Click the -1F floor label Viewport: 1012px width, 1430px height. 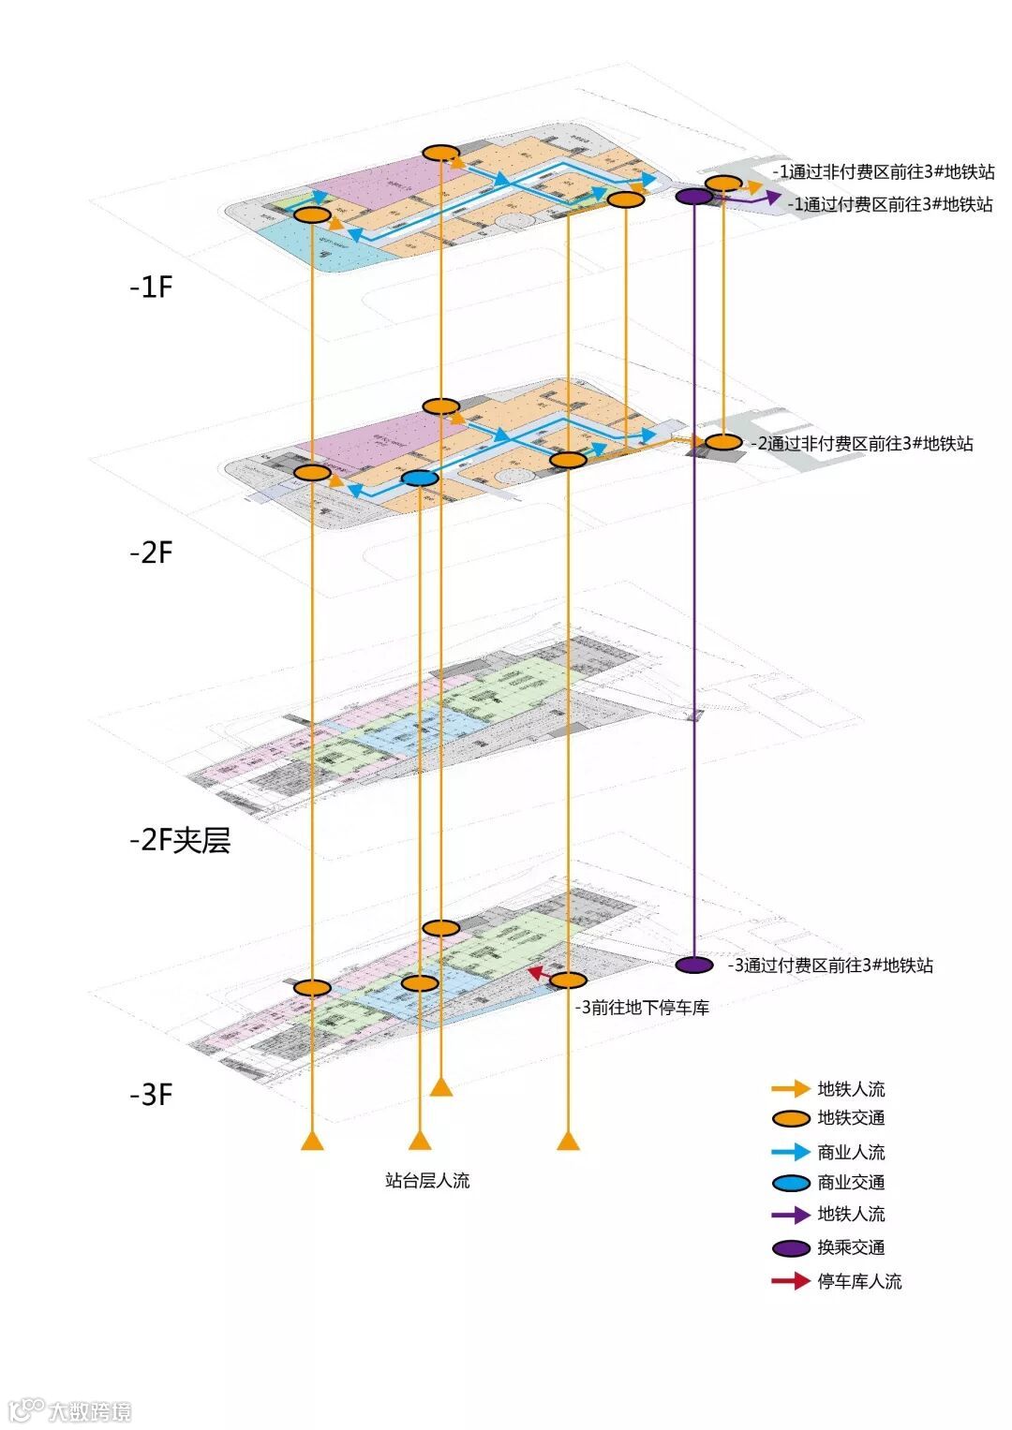pos(151,287)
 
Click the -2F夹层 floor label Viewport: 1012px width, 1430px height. pos(180,840)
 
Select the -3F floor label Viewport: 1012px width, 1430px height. pos(151,1094)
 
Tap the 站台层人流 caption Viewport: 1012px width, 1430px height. pos(427,1181)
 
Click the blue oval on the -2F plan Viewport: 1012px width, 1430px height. pos(420,479)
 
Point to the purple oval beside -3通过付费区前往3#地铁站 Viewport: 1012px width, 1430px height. pos(693,965)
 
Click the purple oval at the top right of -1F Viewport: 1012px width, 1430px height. pos(693,197)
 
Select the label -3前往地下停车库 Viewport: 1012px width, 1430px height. pos(642,1008)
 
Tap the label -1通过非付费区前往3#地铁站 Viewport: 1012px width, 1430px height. pos(884,172)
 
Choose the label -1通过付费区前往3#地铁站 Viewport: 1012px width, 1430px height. pos(889,203)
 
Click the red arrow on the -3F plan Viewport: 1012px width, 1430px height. pos(538,974)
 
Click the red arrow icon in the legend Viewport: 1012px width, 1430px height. pos(790,1281)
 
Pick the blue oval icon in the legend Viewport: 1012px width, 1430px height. pos(790,1183)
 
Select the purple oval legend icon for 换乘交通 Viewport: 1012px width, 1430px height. pos(790,1247)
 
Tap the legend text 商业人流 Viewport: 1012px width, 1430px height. pos(851,1152)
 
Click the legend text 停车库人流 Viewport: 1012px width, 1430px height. pos(859,1281)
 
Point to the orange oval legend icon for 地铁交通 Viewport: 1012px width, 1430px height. pos(790,1118)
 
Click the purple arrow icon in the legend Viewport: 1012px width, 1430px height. pos(790,1215)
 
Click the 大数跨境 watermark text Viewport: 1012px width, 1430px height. pos(90,1411)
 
